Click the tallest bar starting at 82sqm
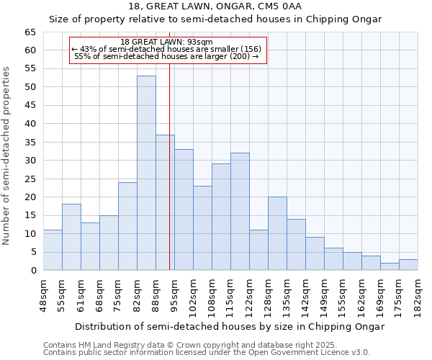click(x=146, y=173)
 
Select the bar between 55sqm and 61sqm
click(x=71, y=237)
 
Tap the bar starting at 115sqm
click(x=240, y=212)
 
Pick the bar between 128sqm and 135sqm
click(x=277, y=233)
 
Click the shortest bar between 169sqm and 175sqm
click(x=390, y=266)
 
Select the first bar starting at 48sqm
click(x=53, y=250)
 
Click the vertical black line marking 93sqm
click(x=169, y=180)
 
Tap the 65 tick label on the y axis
click(x=30, y=32)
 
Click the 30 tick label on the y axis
click(x=30, y=161)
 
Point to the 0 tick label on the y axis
click(x=32, y=271)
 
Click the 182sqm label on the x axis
click(x=418, y=295)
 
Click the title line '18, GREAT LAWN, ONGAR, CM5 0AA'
click(x=215, y=6)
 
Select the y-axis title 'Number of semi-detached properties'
click(x=6, y=156)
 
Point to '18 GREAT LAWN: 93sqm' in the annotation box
click(x=166, y=42)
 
